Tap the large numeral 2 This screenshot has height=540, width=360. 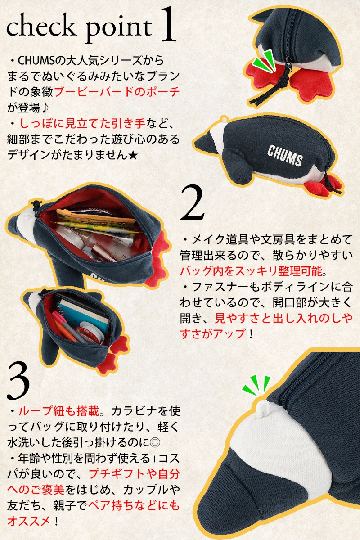coord(193,202)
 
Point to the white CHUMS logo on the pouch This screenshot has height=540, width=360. coord(285,156)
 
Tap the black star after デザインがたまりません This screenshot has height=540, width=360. coord(133,156)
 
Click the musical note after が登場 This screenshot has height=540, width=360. coord(45,108)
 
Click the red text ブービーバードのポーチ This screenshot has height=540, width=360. coord(117,92)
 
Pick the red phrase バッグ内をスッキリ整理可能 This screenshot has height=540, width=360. coord(251,271)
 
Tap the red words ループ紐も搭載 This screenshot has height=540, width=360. coord(59,411)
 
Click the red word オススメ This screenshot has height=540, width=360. coord(29,522)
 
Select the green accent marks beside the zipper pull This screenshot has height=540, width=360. coord(264,61)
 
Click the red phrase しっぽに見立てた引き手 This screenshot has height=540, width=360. coord(82,124)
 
